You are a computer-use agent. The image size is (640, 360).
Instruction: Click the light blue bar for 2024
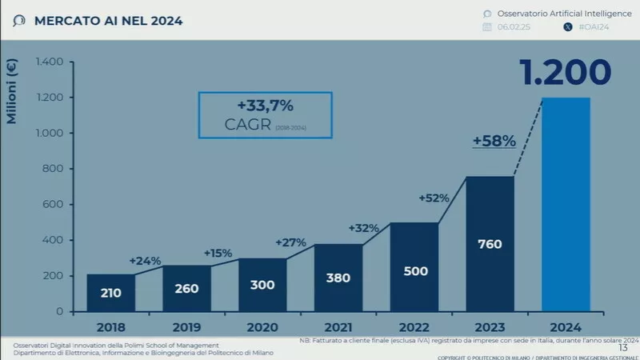click(x=566, y=204)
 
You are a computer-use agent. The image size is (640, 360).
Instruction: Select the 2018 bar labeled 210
click(x=110, y=292)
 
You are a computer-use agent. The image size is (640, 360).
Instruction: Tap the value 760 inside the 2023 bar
click(x=489, y=243)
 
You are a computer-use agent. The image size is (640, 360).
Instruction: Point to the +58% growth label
click(x=494, y=141)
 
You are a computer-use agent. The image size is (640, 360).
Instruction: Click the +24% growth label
click(x=145, y=260)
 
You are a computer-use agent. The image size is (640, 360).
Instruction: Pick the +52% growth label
click(x=434, y=198)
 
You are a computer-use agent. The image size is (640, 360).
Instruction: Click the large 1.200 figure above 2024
click(x=566, y=73)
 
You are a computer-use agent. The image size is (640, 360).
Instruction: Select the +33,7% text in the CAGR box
click(x=265, y=106)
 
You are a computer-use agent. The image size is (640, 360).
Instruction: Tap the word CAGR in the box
click(x=249, y=126)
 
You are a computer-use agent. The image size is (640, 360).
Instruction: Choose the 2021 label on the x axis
click(x=337, y=326)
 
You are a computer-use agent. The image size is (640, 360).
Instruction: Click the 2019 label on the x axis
click(x=186, y=326)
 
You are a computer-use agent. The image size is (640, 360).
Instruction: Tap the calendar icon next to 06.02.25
click(x=486, y=27)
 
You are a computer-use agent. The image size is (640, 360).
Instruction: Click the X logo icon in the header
click(x=568, y=27)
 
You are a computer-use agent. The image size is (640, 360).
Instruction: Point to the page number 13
click(x=623, y=346)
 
